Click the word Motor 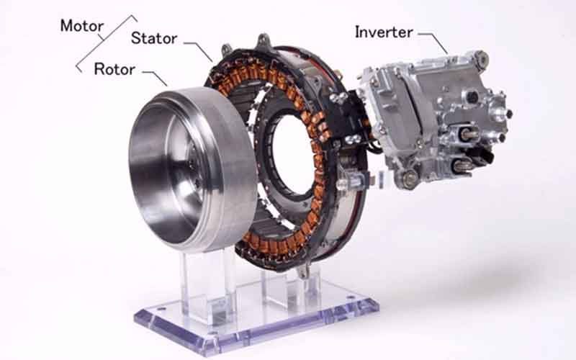tap(82, 26)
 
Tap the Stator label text tap(154, 38)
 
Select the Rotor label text tap(114, 69)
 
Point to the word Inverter tap(384, 32)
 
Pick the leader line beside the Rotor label tap(155, 77)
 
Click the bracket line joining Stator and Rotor tap(107, 43)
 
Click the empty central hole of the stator tap(293, 154)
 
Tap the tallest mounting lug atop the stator tap(263, 40)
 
